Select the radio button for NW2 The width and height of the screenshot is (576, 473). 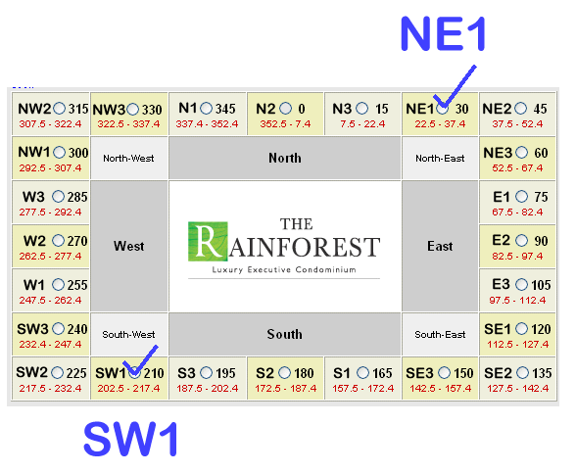click(59, 109)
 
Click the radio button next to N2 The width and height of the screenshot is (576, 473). click(285, 109)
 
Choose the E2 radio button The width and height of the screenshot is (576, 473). click(521, 241)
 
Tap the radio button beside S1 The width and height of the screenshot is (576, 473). click(362, 373)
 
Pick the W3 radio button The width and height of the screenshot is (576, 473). click(58, 197)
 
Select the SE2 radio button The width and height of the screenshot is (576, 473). click(522, 373)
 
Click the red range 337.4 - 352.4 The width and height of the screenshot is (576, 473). click(207, 124)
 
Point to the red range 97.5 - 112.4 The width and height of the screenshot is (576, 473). click(517, 301)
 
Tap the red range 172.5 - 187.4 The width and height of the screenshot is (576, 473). click(285, 389)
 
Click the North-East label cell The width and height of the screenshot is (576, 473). click(440, 159)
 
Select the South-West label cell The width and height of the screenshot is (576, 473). click(128, 335)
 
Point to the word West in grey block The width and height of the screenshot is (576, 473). click(128, 246)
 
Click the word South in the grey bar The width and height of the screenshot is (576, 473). click(285, 334)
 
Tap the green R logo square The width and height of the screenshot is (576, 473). click(208, 241)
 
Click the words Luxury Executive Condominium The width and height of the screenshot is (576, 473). click(284, 270)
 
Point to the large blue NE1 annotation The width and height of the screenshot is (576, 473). click(444, 33)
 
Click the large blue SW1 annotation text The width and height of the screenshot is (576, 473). click(131, 439)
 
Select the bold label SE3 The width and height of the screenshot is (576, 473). click(419, 373)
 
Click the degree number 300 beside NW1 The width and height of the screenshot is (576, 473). click(78, 153)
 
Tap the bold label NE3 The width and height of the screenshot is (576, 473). click(498, 153)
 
